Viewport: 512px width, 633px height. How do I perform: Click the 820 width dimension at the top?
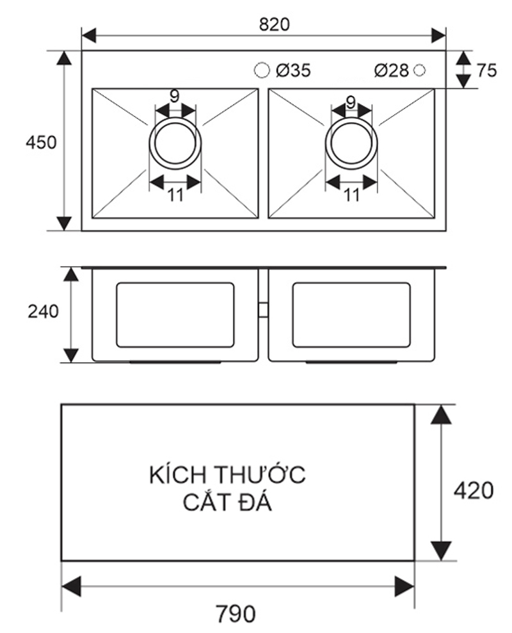click(x=274, y=24)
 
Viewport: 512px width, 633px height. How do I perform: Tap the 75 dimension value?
click(x=486, y=70)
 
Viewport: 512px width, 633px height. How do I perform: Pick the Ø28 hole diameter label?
click(x=391, y=70)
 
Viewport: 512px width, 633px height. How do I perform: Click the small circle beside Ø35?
click(x=261, y=70)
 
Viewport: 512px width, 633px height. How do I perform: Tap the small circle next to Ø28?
click(x=420, y=70)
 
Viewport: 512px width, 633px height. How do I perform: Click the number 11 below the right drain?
click(x=351, y=195)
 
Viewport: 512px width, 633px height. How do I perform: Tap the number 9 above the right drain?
click(x=351, y=100)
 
